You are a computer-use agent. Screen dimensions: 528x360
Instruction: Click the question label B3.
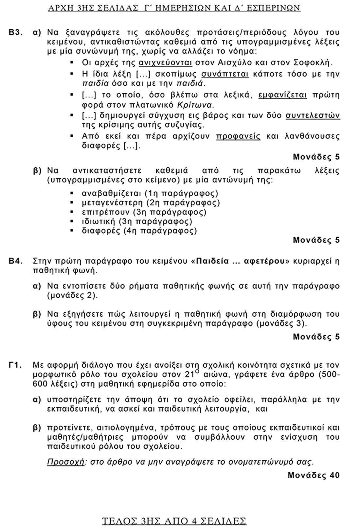point(15,32)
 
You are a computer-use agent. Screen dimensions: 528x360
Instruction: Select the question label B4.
point(15,261)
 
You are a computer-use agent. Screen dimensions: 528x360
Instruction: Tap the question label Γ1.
point(15,365)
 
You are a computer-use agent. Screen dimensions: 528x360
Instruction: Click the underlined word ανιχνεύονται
point(165,62)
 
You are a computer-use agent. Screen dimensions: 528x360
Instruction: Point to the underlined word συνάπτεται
point(225,74)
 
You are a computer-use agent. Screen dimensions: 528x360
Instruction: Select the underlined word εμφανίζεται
point(283,95)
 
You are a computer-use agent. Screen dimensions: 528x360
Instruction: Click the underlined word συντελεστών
point(313,115)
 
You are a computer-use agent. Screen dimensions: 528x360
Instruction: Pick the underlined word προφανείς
point(238,136)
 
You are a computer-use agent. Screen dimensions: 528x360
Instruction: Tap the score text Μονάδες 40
point(314,475)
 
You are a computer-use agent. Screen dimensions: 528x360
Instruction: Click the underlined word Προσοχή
point(66,462)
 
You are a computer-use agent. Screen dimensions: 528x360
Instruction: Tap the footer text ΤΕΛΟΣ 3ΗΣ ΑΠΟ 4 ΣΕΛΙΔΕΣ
point(174,521)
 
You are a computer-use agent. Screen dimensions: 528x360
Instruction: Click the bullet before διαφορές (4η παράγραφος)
point(72,231)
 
